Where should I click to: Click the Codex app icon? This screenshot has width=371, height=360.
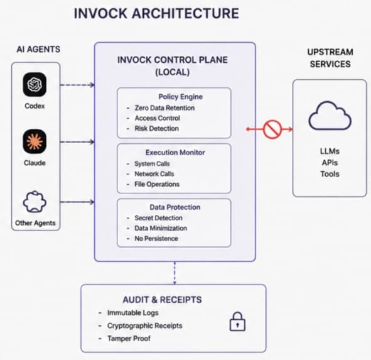click(35, 85)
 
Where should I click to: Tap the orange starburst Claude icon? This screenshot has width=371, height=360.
click(35, 141)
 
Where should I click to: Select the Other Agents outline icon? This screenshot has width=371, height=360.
click(35, 202)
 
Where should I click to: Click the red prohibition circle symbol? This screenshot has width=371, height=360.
click(272, 129)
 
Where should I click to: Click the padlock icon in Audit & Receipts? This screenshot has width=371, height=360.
click(237, 322)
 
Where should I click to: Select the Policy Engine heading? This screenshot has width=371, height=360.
click(181, 97)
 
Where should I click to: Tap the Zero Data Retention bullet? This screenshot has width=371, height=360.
click(164, 108)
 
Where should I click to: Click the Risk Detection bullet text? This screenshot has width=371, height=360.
click(157, 128)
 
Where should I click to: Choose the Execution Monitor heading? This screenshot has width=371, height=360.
click(175, 152)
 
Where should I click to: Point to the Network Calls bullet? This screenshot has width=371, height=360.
click(154, 174)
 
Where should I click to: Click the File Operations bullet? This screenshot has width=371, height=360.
click(157, 184)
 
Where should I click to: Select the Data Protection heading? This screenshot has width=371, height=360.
click(175, 207)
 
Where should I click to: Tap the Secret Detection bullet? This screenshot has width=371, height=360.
click(159, 218)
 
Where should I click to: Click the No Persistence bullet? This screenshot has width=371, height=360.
click(156, 239)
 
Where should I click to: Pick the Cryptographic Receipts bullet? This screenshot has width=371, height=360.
click(145, 325)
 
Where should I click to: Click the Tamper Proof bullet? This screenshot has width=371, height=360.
click(129, 339)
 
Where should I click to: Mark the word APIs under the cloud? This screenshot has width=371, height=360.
click(330, 163)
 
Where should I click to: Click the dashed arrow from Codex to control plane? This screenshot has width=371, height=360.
click(77, 85)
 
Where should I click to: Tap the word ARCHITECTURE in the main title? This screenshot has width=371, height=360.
click(185, 13)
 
